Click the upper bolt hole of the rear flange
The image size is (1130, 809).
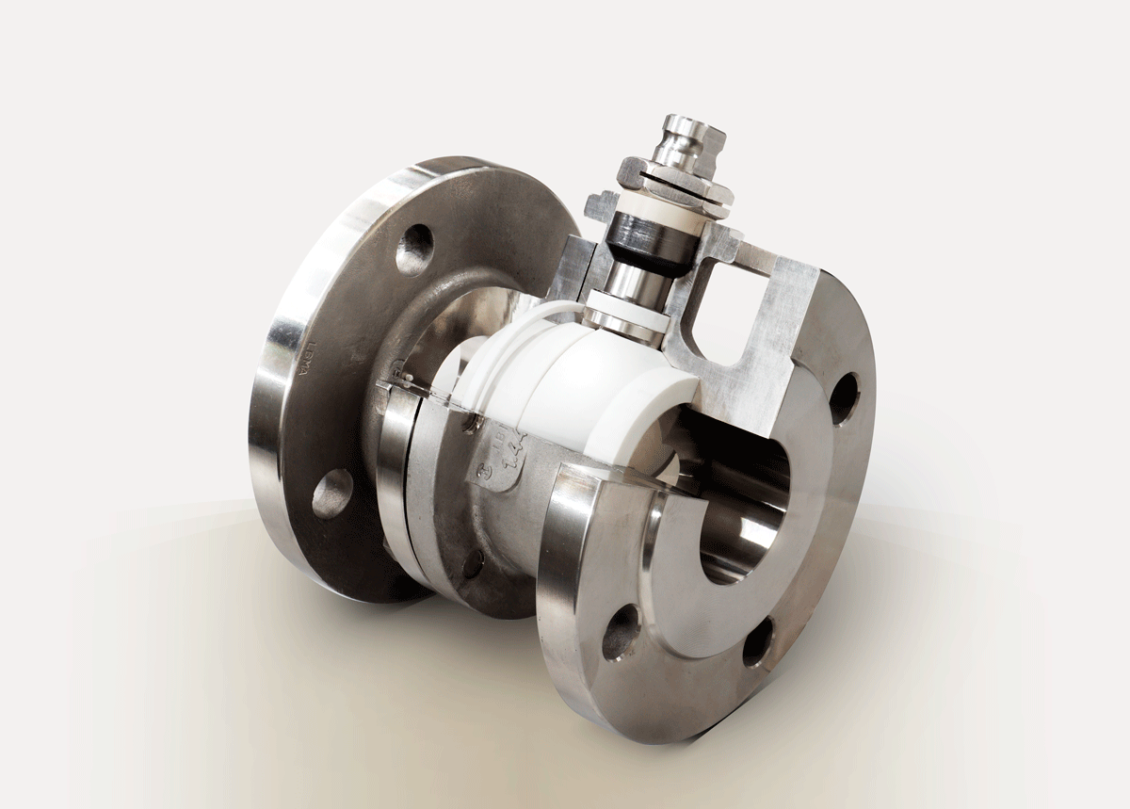coord(414,250)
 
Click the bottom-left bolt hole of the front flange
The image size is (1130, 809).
coord(621,632)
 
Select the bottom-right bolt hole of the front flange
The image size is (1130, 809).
coord(757,643)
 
